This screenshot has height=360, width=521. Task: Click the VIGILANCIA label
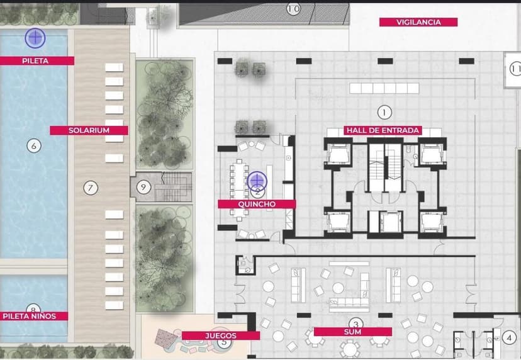coord(418,22)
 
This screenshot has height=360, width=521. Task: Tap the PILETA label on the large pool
coord(35,61)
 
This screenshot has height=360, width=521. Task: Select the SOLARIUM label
coord(89,130)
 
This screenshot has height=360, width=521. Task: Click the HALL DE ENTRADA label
coord(383,130)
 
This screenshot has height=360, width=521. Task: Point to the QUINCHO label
coord(257,204)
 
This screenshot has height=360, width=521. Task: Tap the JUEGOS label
coord(221,335)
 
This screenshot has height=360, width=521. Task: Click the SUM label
coord(352,332)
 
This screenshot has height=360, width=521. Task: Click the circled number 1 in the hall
coord(384,113)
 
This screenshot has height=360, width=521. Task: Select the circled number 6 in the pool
coord(34,145)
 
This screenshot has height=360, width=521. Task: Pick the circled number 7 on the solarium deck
coord(91,188)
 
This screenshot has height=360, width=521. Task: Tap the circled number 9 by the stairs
coord(143,187)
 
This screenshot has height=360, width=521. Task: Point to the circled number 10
coord(293,9)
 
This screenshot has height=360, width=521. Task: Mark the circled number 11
coord(515,69)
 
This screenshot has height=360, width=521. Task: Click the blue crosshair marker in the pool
coord(35,38)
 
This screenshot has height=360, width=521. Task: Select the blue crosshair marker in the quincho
coord(257,181)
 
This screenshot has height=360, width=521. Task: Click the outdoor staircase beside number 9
coord(172,187)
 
